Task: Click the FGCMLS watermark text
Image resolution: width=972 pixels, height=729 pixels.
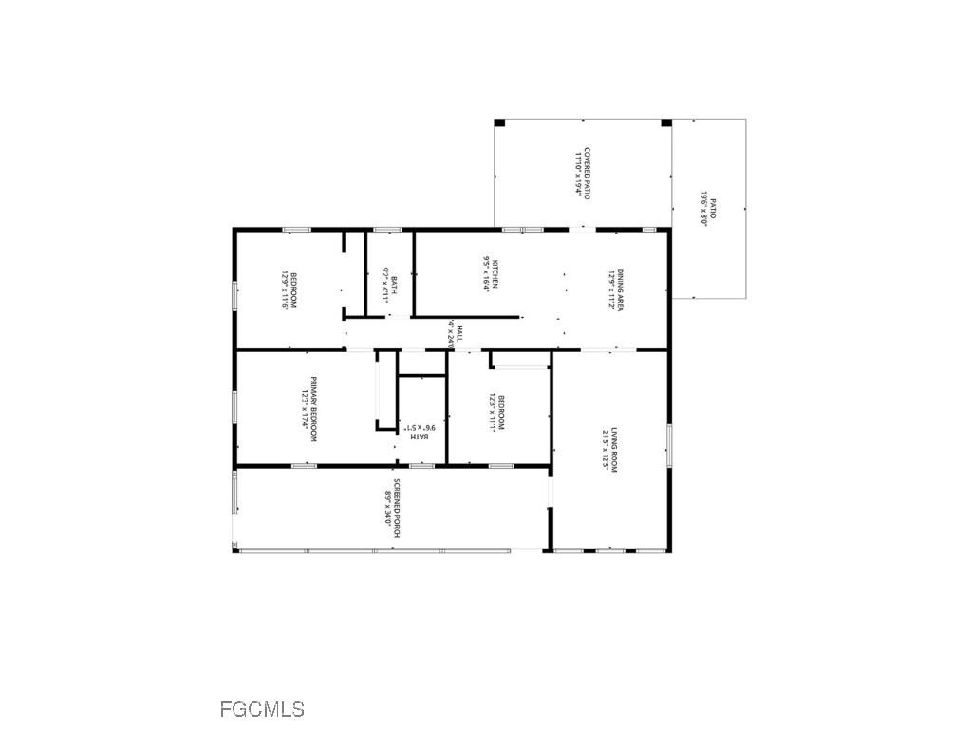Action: pyautogui.click(x=262, y=709)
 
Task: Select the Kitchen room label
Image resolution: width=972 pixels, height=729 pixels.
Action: pyautogui.click(x=490, y=273)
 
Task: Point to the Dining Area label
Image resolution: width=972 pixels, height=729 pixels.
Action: pyautogui.click(x=613, y=290)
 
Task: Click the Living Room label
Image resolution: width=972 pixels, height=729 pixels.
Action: pyautogui.click(x=608, y=450)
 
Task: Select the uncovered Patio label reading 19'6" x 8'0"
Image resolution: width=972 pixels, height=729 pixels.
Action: pyautogui.click(x=708, y=211)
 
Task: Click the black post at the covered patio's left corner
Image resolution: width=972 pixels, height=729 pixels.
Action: pyautogui.click(x=500, y=122)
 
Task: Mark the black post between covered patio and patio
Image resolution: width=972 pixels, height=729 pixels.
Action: pyautogui.click(x=666, y=122)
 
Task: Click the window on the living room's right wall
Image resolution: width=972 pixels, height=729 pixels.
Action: pyautogui.click(x=669, y=445)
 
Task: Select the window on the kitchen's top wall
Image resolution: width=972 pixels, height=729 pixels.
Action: pyautogui.click(x=522, y=229)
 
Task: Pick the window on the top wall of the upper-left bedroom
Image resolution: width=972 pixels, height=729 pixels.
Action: pyautogui.click(x=296, y=229)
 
